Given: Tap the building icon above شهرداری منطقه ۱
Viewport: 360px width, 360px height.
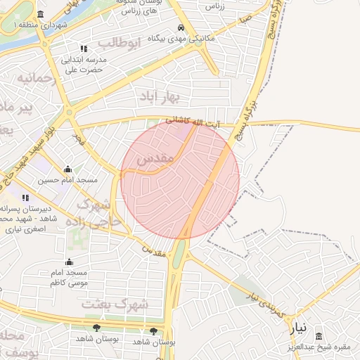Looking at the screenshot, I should [x=40, y=15].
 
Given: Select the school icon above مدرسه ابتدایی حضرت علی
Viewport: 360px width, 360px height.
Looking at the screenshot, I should [x=84, y=49].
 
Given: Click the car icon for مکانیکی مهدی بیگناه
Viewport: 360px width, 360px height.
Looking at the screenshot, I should [x=181, y=27].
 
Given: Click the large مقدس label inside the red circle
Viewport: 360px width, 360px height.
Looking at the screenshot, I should [x=155, y=160].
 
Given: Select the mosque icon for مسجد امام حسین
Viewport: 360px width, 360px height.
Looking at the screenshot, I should [x=67, y=169].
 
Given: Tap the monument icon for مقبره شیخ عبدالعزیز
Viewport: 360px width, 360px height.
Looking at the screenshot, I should [x=319, y=336].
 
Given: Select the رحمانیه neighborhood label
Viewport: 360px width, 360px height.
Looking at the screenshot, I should [x=34, y=78].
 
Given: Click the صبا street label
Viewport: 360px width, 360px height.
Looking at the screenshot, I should [x=245, y=22].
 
